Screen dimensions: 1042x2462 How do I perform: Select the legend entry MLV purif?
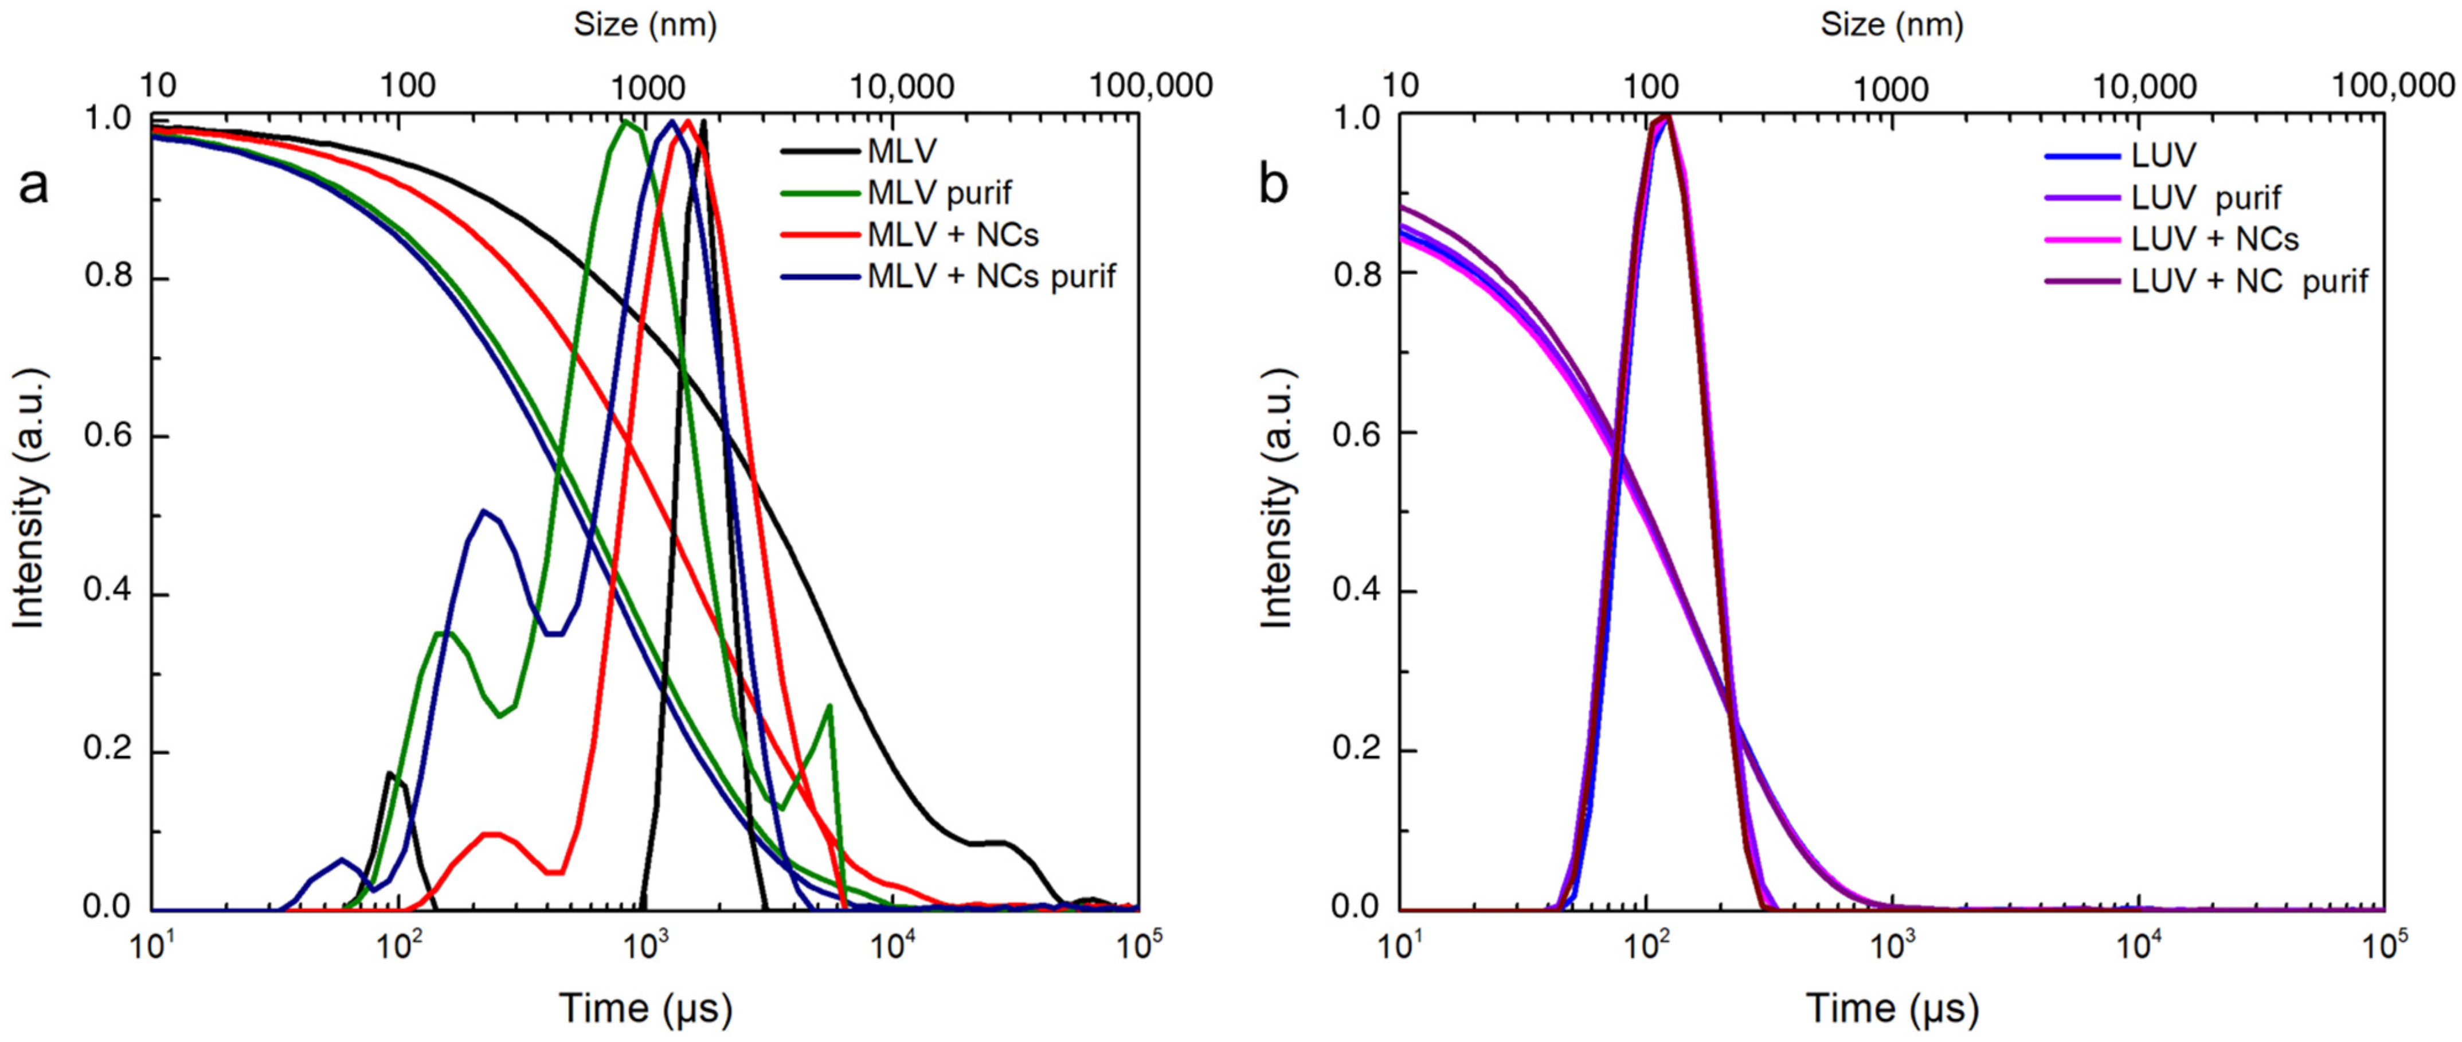[x=938, y=193]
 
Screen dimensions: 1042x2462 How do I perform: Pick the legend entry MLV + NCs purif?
[x=991, y=276]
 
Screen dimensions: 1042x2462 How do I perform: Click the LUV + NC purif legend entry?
[x=2249, y=281]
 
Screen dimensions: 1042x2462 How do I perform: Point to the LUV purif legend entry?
[x=2205, y=197]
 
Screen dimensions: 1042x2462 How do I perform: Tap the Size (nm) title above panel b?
[x=1892, y=24]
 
